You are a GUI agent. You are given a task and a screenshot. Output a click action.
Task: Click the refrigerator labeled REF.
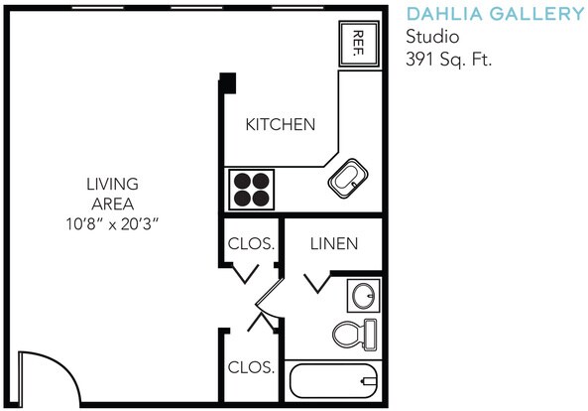click(359, 44)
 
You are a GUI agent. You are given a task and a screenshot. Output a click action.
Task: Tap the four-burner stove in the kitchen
click(251, 190)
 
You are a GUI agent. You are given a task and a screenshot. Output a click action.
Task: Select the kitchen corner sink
click(348, 179)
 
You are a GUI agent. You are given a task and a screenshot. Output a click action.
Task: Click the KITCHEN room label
click(281, 125)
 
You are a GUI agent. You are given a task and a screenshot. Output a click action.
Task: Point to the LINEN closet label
click(334, 244)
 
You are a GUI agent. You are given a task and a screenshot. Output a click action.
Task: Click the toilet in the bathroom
click(355, 335)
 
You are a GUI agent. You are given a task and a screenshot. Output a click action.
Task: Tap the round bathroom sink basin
click(363, 296)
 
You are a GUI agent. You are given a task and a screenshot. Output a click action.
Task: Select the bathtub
click(333, 381)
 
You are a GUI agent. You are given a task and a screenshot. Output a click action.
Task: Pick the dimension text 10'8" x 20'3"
click(112, 224)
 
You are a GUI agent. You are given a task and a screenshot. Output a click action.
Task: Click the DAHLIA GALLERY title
click(496, 14)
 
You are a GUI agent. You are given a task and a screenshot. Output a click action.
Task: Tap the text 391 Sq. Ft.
click(449, 60)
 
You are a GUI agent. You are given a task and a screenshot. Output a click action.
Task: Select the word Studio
click(432, 37)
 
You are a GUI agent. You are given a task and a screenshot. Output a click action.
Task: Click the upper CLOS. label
click(251, 244)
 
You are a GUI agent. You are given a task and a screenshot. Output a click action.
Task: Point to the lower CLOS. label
click(251, 367)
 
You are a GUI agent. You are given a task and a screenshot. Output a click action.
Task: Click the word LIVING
click(112, 184)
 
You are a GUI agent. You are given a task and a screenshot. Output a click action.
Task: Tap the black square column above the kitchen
click(227, 82)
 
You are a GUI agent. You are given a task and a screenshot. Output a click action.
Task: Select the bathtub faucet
click(368, 381)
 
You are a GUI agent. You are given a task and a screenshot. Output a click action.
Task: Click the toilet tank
click(370, 335)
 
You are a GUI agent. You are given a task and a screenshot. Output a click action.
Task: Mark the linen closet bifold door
click(317, 282)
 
